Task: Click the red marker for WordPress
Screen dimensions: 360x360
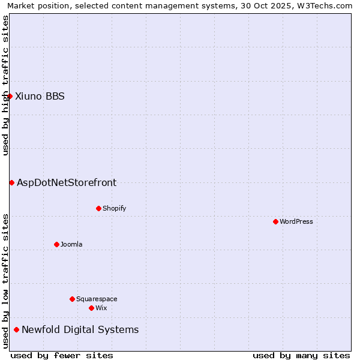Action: tap(275, 221)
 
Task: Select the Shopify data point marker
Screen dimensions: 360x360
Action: tap(98, 208)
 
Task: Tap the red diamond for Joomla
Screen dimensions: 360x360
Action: tap(56, 244)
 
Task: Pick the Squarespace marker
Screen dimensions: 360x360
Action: tap(72, 299)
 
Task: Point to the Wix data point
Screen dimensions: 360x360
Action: tap(91, 308)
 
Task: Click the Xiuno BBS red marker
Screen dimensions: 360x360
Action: tap(10, 96)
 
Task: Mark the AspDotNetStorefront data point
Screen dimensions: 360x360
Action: tap(11, 182)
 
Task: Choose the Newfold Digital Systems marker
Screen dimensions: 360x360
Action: tap(16, 329)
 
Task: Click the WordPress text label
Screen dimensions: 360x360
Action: tap(296, 221)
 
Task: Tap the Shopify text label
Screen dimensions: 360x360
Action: tap(114, 208)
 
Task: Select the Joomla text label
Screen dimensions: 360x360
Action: tap(71, 244)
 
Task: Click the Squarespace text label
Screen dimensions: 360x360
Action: tap(97, 299)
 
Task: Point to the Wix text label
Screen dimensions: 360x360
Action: tap(101, 308)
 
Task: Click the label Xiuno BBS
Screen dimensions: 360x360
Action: tap(40, 96)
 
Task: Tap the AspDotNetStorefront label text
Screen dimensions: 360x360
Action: tap(67, 182)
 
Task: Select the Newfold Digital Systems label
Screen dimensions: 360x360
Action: tap(80, 329)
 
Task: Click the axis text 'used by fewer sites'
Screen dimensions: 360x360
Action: tap(62, 355)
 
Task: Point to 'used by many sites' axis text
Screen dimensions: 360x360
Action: tap(301, 355)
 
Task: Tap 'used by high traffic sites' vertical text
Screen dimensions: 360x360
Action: tap(6, 85)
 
